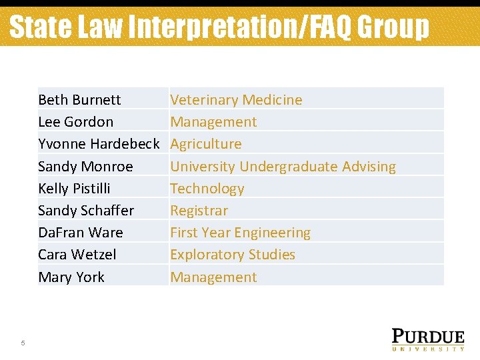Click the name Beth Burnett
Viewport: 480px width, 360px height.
tap(79, 100)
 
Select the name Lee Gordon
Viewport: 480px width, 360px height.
tap(75, 122)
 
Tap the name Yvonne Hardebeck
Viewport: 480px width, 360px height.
tap(99, 144)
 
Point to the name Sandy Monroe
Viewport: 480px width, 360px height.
tap(85, 167)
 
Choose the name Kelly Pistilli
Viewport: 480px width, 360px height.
tap(74, 189)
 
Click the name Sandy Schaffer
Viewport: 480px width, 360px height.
tap(86, 211)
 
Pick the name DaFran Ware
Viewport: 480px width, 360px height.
tap(80, 233)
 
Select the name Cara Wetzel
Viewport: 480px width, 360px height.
tap(77, 255)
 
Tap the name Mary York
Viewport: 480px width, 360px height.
tap(71, 277)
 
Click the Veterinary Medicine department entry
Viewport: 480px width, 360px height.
tap(236, 100)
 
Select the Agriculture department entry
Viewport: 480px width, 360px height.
tap(206, 144)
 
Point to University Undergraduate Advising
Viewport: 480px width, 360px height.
tap(283, 167)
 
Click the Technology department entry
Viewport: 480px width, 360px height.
tap(207, 189)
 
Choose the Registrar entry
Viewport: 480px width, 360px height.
tap(199, 211)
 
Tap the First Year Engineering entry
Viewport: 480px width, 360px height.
tap(240, 233)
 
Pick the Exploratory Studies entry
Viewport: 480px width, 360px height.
tap(233, 255)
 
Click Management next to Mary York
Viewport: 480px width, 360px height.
tap(213, 277)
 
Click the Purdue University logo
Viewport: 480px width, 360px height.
tap(427, 339)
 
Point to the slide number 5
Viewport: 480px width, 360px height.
tap(23, 343)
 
